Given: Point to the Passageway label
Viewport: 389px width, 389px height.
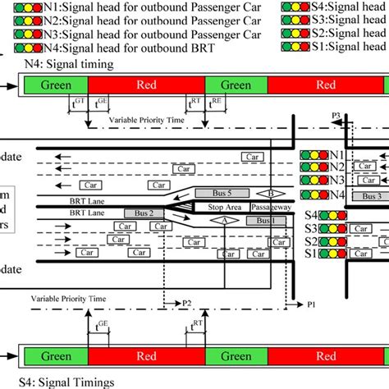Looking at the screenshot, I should (x=270, y=208).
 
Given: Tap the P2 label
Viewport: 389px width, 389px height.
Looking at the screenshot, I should (x=187, y=303).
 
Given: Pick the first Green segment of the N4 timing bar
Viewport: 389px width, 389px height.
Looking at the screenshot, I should (x=55, y=85).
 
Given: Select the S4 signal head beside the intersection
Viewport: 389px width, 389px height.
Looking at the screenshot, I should (x=323, y=215).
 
